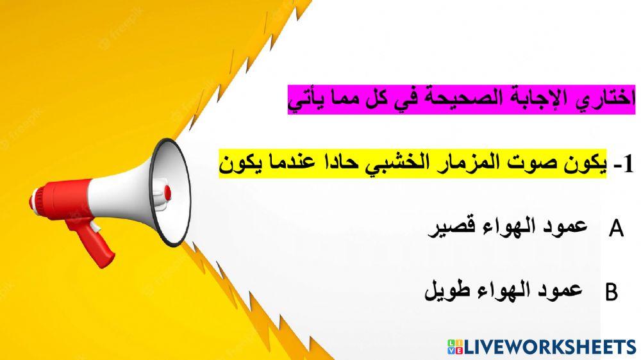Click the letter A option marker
(617, 229)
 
